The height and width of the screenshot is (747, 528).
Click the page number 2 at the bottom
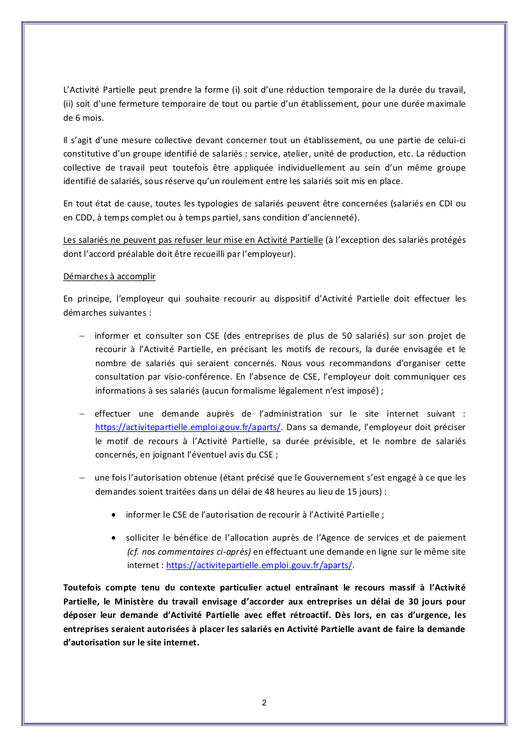[264, 703]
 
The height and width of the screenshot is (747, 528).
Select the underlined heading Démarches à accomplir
[109, 277]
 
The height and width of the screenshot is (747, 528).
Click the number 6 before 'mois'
[67, 118]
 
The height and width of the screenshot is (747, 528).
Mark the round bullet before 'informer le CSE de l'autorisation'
[114, 514]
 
